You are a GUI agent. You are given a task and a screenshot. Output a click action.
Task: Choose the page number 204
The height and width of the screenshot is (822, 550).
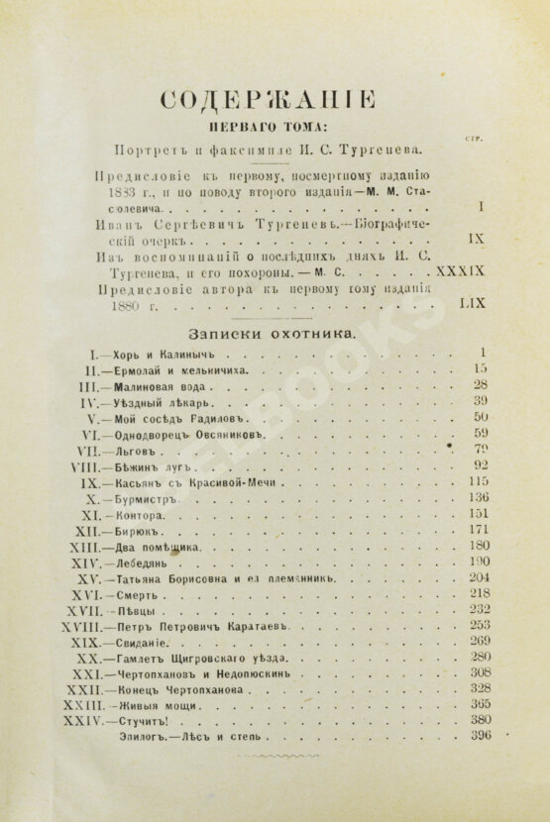(481, 577)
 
